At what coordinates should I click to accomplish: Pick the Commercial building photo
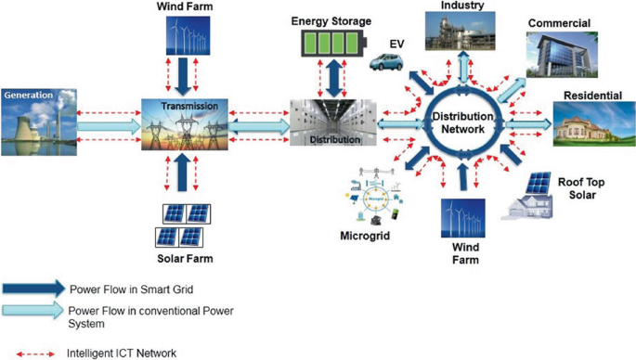561,54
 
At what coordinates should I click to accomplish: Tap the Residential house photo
589,122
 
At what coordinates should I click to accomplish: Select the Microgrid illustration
376,199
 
